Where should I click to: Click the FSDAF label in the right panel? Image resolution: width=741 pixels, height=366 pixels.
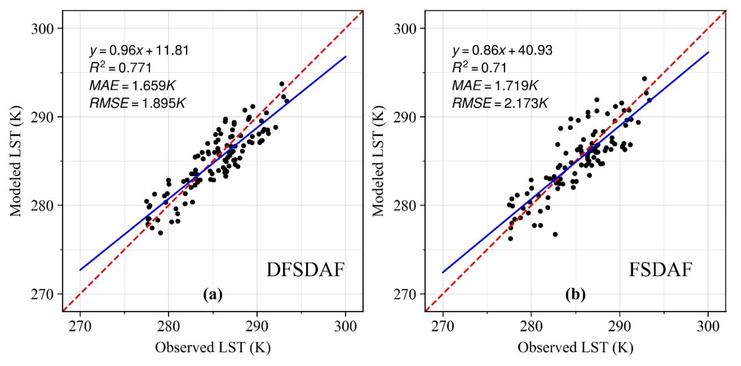(660, 270)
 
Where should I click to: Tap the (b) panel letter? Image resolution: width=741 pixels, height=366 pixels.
(575, 295)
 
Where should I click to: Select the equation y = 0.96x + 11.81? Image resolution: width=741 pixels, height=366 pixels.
(139, 51)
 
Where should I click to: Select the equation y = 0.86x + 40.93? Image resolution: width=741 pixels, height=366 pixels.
(502, 51)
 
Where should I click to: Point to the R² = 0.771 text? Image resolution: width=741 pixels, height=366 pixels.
(120, 68)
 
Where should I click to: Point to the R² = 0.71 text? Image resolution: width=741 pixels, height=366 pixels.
(479, 68)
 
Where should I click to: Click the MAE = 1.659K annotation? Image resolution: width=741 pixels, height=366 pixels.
(132, 85)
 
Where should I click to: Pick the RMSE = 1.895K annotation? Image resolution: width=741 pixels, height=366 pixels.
(137, 103)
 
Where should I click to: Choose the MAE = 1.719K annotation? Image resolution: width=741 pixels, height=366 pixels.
(495, 85)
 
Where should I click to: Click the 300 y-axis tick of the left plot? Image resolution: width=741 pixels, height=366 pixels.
(43, 29)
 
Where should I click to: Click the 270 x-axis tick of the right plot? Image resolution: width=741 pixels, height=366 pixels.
(443, 326)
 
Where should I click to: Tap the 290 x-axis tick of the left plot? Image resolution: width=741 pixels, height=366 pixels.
(257, 326)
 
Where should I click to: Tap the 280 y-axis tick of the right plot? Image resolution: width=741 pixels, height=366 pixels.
(405, 206)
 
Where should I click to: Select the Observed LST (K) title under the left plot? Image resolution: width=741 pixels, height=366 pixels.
(213, 347)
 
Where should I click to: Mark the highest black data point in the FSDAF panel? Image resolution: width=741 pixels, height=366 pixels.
(644, 79)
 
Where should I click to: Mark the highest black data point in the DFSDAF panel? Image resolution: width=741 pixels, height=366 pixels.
(282, 84)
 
